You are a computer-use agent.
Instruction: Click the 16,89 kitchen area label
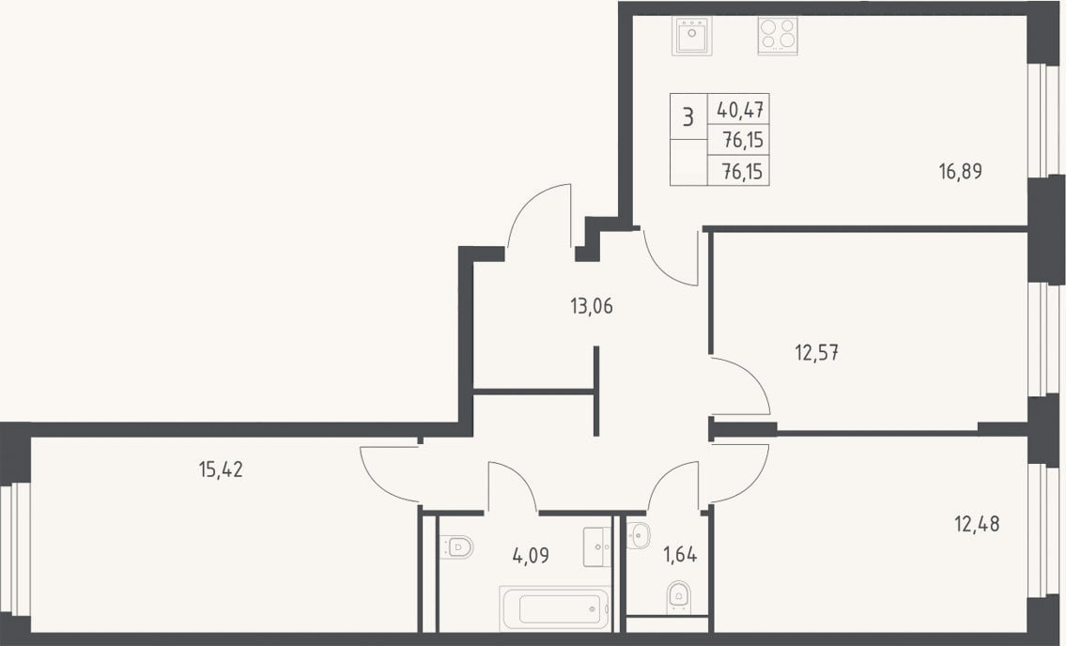point(960,172)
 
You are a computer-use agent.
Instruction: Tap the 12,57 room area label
point(816,353)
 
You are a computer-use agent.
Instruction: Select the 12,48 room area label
point(977,524)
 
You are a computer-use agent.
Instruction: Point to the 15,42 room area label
point(221,469)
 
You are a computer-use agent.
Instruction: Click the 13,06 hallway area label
point(592,307)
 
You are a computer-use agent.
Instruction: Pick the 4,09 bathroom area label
point(531,556)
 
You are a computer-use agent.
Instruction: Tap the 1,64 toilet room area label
point(681,555)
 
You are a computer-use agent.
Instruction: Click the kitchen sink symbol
point(692,36)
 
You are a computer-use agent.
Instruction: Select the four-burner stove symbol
point(778,36)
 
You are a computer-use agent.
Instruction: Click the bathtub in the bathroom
point(555,608)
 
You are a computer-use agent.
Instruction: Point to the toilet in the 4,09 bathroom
point(456,546)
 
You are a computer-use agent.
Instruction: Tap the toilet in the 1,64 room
point(678,598)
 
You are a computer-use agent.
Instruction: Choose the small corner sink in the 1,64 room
point(639,534)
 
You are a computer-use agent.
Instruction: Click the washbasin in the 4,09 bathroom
point(597,546)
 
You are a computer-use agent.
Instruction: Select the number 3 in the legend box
point(688,117)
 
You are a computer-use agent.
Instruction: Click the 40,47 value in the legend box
point(740,109)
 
